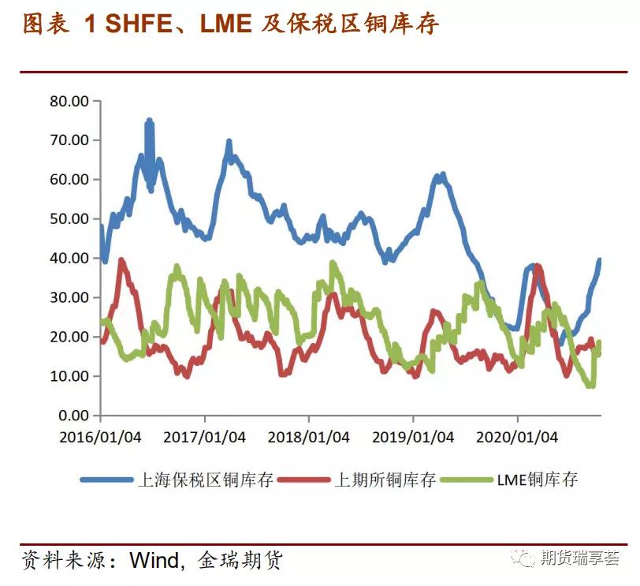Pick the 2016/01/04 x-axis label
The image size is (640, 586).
(101, 437)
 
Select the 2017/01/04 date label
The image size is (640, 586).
(205, 437)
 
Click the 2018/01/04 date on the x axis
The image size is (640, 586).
(309, 437)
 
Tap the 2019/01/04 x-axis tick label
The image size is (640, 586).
(413, 437)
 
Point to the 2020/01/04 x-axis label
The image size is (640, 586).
(517, 437)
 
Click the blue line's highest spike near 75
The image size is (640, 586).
(148, 121)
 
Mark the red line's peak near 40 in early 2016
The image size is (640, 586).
(121, 260)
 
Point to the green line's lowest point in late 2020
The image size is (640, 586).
(590, 385)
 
